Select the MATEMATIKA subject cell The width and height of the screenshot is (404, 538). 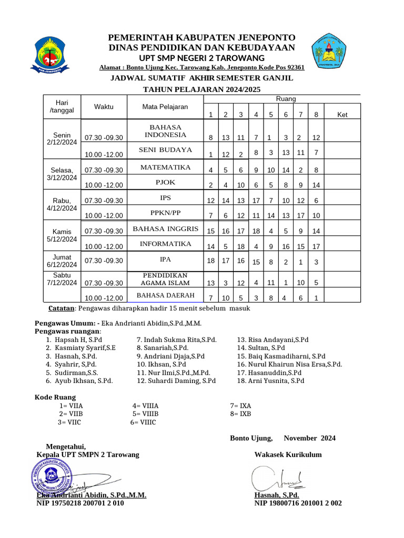(165, 168)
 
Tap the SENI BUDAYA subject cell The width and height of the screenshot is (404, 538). (165, 150)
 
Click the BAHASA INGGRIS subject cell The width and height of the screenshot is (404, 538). (165, 229)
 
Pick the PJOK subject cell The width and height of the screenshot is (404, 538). (165, 182)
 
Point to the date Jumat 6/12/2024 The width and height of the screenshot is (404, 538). (62, 261)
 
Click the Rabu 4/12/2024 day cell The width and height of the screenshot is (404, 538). (62, 204)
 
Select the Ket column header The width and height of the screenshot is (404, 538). (342, 115)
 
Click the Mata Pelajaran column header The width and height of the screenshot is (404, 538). (165, 107)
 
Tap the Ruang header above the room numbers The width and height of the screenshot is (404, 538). (286, 99)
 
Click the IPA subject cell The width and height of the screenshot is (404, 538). (165, 260)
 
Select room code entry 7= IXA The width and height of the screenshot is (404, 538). (240, 406)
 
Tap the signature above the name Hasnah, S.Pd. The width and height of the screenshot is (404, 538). (276, 479)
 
